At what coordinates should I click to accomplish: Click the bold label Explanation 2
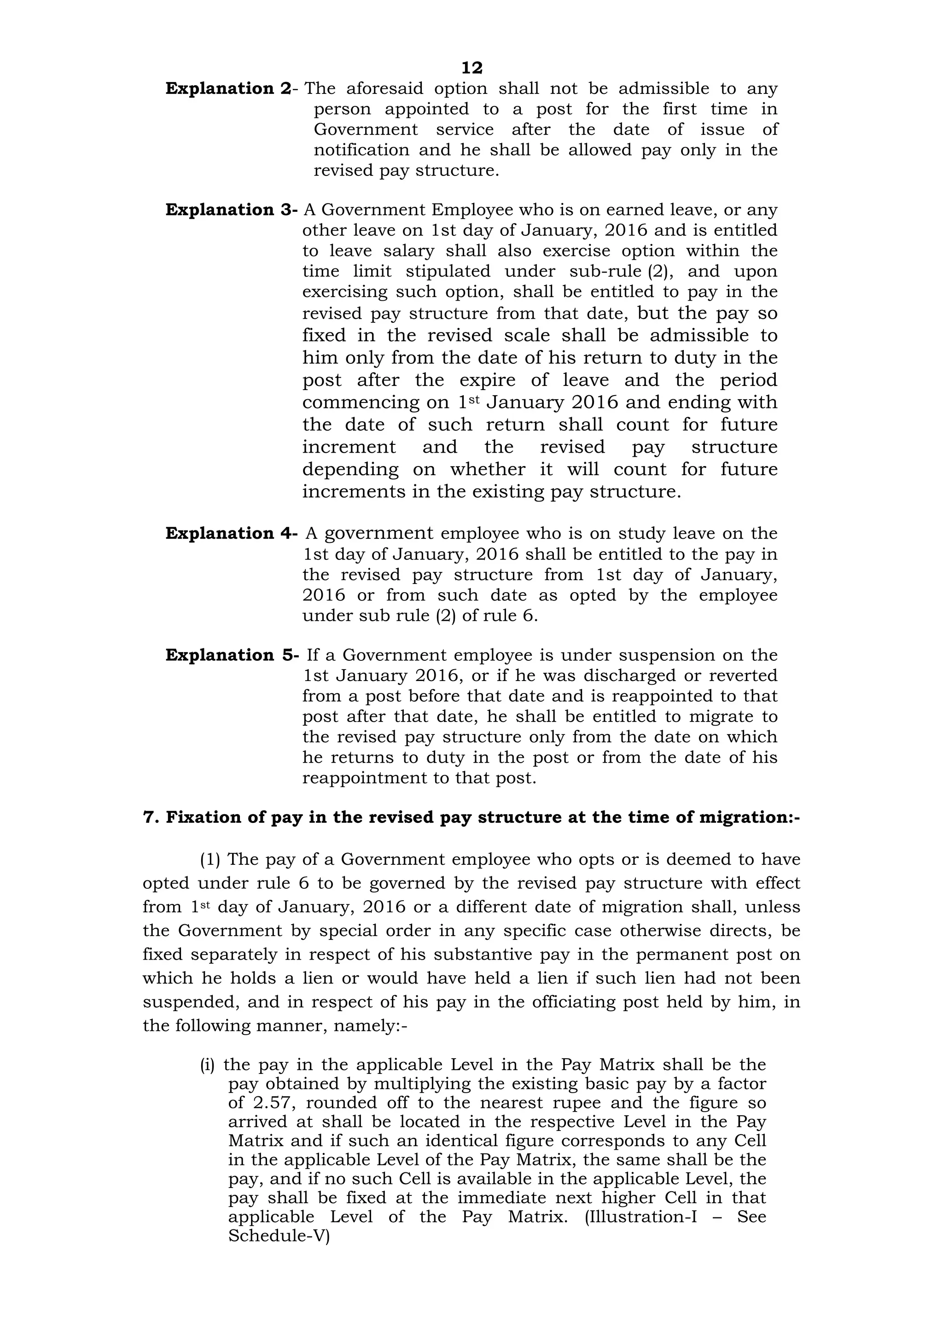(228, 89)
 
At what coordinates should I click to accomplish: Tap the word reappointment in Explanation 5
(364, 778)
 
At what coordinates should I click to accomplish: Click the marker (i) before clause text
(207, 1066)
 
